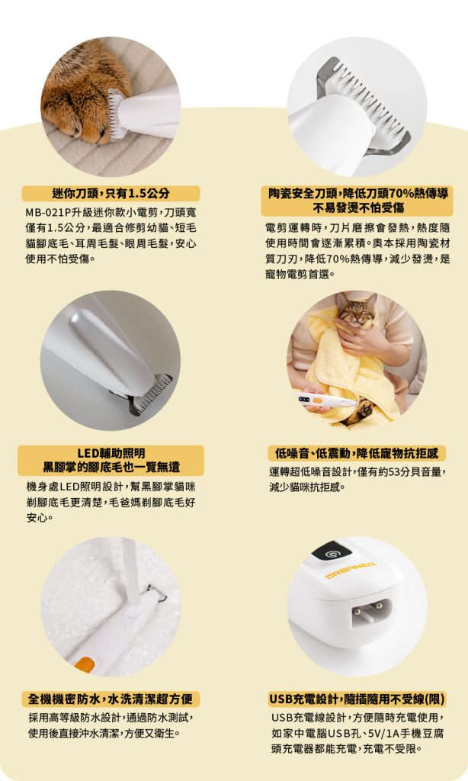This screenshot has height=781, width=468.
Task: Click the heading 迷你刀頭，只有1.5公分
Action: [111, 193]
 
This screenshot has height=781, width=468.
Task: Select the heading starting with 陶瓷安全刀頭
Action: [358, 200]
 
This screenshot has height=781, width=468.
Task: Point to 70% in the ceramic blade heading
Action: [399, 193]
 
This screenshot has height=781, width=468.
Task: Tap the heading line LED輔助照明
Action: [111, 453]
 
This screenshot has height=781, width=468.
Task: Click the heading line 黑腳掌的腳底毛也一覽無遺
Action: [111, 467]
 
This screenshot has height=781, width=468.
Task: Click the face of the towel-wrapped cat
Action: [356, 312]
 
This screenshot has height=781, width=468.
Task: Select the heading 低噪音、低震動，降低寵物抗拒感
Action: [357, 453]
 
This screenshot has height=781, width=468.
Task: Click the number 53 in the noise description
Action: [395, 471]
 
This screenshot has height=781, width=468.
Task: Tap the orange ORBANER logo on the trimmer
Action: [350, 570]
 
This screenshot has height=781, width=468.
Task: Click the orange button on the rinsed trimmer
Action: [84, 665]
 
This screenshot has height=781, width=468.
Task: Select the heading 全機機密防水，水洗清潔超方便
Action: [111, 699]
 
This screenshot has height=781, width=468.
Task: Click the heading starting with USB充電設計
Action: [357, 699]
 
